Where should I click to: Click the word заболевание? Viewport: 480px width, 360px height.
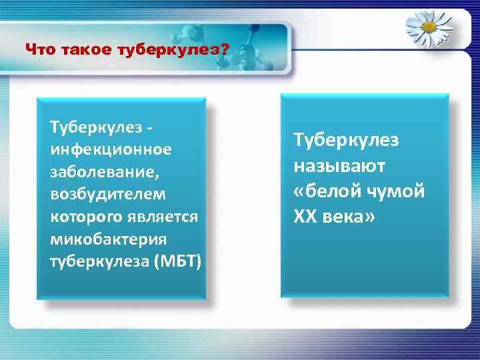click(105, 172)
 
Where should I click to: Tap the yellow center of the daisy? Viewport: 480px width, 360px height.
click(429, 27)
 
